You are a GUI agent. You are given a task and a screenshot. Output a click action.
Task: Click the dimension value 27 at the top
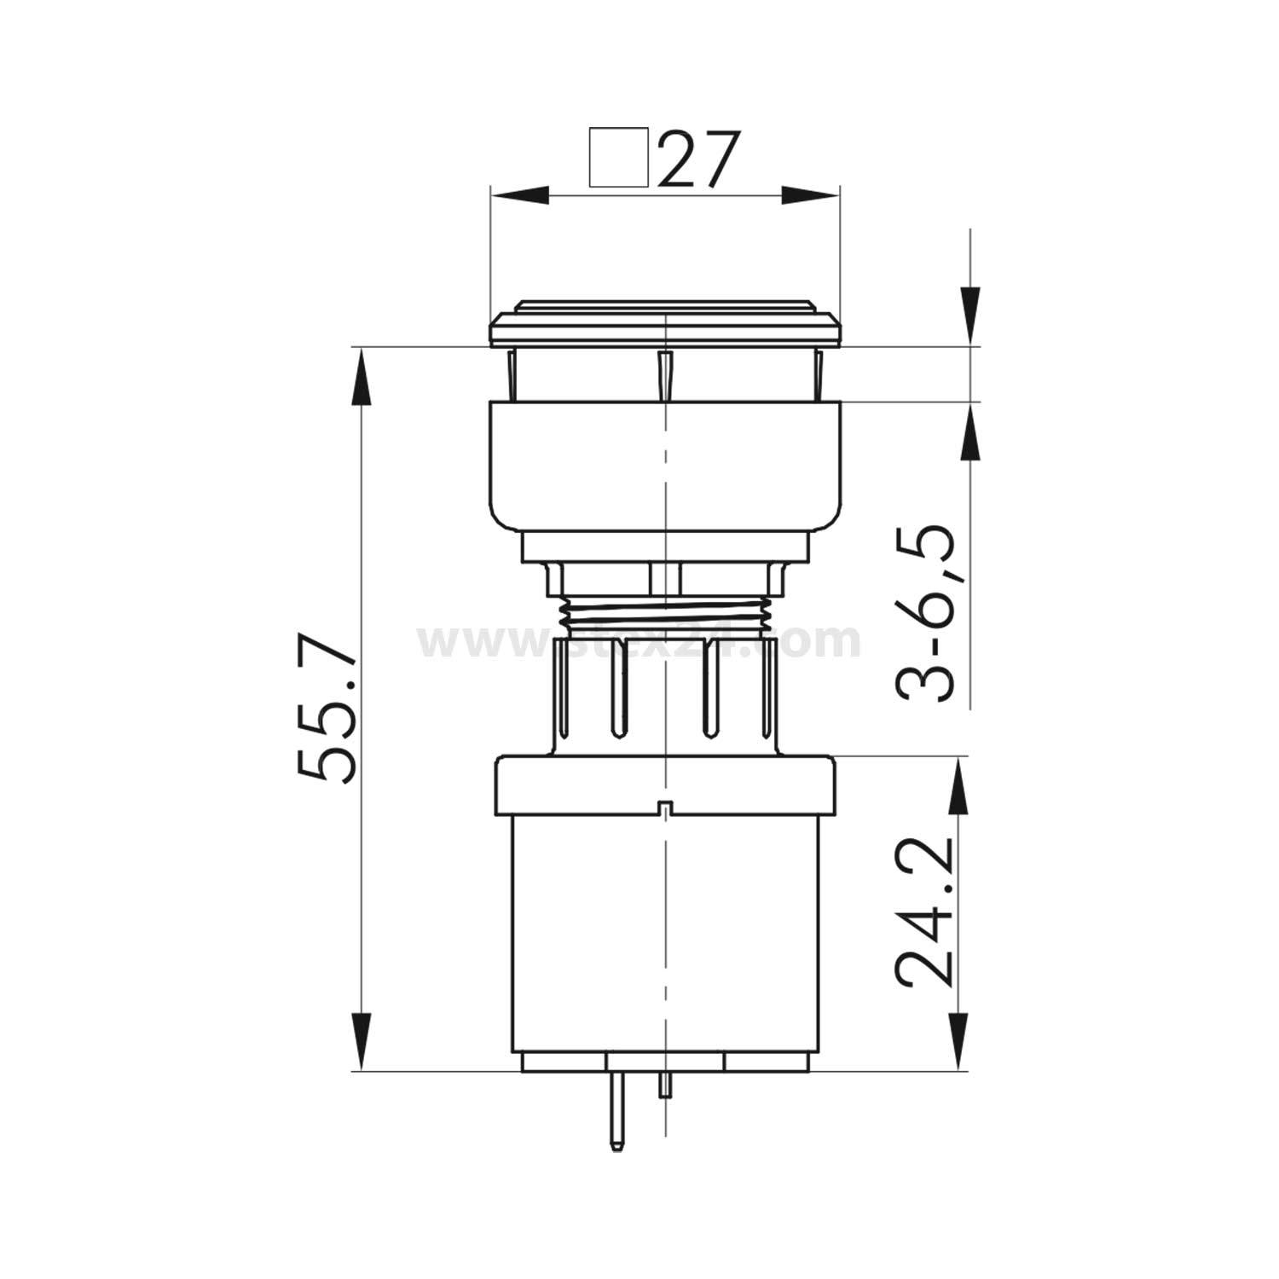(x=696, y=159)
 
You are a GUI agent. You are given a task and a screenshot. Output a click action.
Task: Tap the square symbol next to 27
(x=618, y=157)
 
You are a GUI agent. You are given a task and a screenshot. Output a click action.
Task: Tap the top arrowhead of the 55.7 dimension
(x=362, y=375)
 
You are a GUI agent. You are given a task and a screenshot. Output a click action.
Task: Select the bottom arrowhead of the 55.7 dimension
(x=362, y=1042)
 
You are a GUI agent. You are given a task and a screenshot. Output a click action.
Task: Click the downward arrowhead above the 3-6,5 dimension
(x=969, y=315)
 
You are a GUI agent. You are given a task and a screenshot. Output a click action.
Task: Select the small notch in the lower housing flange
(x=663, y=806)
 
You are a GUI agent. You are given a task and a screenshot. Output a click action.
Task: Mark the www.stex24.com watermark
(x=639, y=641)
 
